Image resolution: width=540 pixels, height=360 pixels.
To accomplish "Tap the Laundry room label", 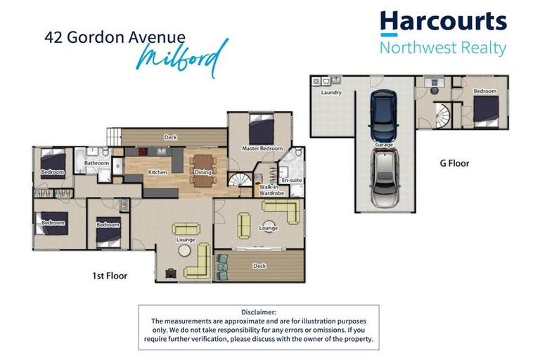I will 330,92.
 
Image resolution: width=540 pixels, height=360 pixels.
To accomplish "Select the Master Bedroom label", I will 262,148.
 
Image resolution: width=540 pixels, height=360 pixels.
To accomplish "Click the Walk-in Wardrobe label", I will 270,189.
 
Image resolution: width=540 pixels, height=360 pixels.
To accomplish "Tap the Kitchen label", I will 156,172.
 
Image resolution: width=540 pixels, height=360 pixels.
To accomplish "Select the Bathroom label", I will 96,163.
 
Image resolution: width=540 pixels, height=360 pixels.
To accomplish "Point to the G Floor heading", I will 454,163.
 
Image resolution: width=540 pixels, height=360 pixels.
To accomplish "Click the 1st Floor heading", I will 110,276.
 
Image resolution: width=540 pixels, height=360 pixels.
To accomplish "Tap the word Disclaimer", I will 259,311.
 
